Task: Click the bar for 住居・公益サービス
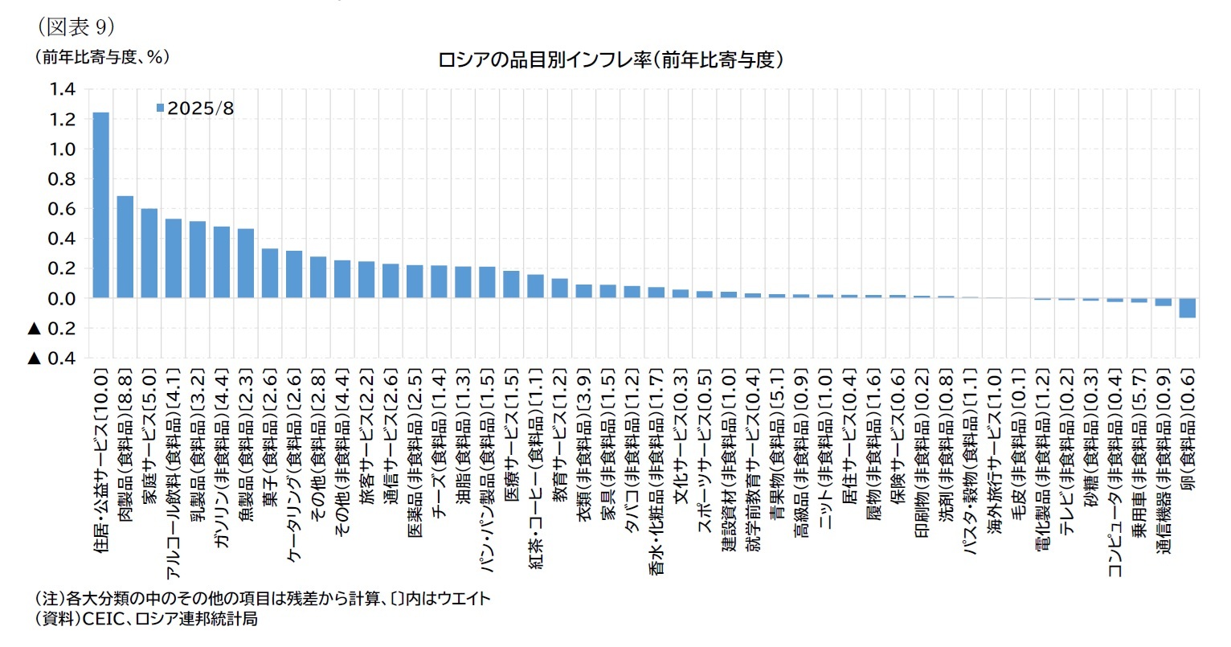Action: pos(101,205)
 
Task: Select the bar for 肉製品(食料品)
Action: pos(125,247)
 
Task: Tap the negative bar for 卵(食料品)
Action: pos(1187,307)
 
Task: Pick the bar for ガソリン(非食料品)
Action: pos(222,262)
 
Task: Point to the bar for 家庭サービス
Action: pos(149,253)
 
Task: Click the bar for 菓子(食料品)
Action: pos(270,273)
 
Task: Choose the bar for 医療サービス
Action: pos(511,285)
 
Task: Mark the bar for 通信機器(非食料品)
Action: pos(1163,301)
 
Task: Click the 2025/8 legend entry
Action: pos(195,108)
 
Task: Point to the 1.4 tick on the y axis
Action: pos(63,89)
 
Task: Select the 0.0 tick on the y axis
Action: pos(63,298)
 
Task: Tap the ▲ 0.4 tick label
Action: pos(54,358)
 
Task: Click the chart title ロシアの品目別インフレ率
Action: pos(610,59)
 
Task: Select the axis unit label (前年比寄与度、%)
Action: pos(102,57)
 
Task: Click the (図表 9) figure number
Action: pos(77,27)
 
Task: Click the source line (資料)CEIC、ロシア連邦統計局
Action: pos(146,620)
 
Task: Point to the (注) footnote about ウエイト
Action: pos(263,599)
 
